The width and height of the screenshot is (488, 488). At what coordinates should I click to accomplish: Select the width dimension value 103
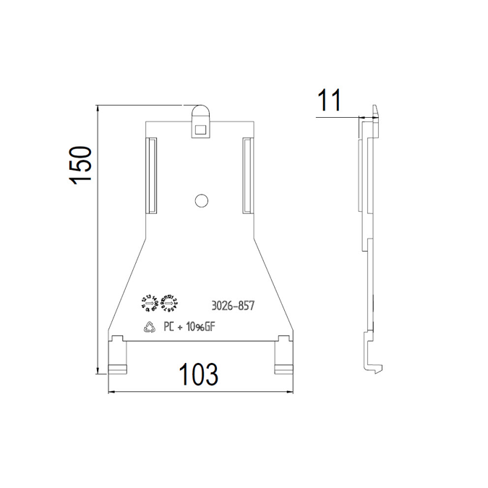pos(199,374)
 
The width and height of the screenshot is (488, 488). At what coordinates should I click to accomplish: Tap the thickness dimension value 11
pos(329,100)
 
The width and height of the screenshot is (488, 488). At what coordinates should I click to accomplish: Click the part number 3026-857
pos(233,306)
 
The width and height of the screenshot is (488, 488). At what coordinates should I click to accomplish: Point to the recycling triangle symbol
pos(150,326)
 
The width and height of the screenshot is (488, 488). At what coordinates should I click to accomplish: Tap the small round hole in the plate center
pos(202,200)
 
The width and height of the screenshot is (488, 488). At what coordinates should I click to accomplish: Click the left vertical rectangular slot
pos(152,176)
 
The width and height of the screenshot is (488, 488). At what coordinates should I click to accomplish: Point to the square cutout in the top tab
pos(200,130)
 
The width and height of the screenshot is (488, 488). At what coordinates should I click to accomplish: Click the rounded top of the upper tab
pos(200,110)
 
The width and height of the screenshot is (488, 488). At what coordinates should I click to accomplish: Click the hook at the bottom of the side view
pos(372,364)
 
